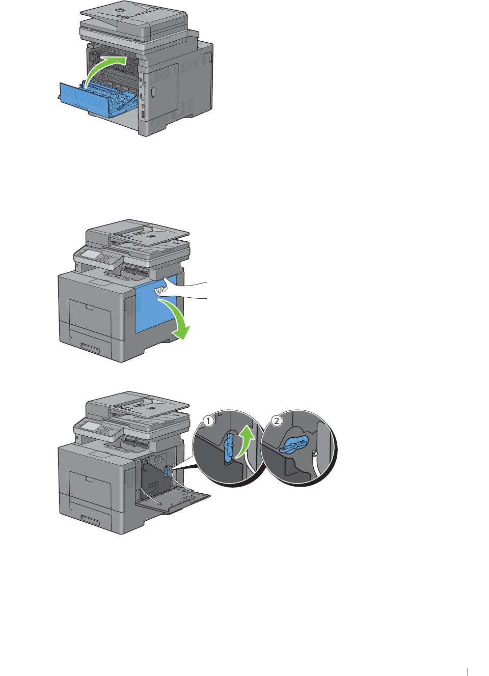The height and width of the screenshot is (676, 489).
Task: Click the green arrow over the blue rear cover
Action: pos(100,66)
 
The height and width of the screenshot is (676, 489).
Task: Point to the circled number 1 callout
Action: pos(208,420)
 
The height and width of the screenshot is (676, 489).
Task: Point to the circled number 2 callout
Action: pos(277,420)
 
